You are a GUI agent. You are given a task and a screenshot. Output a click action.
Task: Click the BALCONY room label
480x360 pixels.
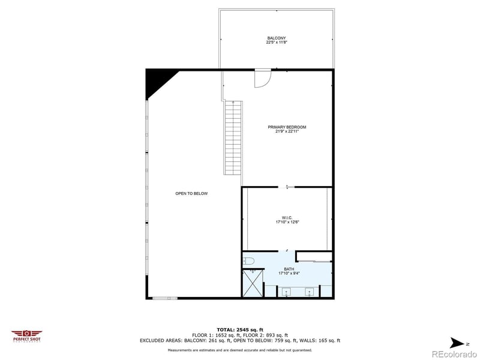[276, 38]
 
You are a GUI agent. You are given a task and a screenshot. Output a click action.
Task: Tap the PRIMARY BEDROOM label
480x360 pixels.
[287, 127]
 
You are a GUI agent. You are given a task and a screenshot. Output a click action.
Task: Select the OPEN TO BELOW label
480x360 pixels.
[191, 193]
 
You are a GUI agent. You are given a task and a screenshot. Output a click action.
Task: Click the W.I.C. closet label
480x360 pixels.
[287, 218]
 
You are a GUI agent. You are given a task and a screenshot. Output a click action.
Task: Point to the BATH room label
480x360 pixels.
[289, 269]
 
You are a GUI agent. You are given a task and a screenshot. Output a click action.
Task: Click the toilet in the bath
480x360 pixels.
[249, 261]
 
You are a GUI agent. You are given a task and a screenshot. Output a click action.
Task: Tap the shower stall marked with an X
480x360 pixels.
[252, 283]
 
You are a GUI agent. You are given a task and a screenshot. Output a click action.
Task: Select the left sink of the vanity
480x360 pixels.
[286, 292]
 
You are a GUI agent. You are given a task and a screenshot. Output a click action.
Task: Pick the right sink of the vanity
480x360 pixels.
[310, 292]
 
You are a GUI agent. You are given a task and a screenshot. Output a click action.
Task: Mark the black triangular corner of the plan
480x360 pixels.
[157, 82]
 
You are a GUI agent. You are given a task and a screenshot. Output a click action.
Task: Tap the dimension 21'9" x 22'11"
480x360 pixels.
[287, 131]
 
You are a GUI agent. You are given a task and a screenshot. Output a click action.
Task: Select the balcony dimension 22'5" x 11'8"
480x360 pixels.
[276, 43]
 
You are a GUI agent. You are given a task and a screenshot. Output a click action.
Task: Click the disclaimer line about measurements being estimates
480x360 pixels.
[240, 350]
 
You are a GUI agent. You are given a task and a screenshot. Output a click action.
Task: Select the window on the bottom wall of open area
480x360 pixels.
[165, 298]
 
